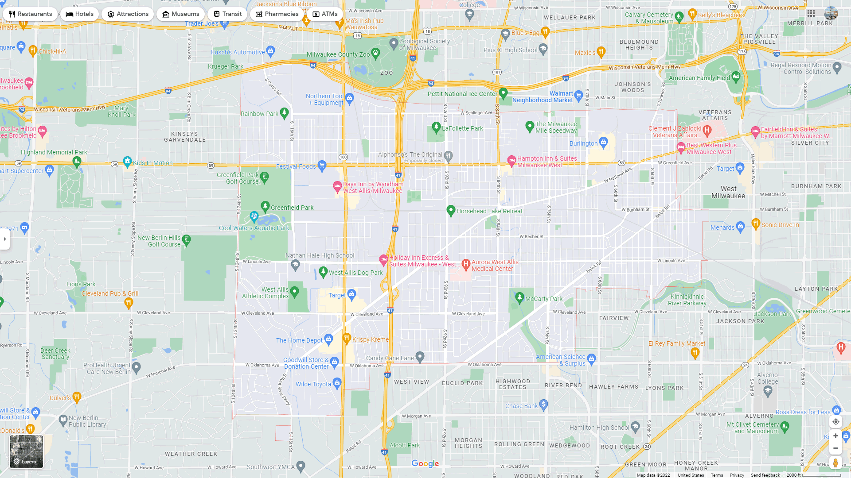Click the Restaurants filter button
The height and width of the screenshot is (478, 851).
click(x=30, y=14)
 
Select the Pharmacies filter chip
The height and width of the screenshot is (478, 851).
click(x=277, y=14)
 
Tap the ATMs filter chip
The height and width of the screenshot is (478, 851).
click(x=325, y=14)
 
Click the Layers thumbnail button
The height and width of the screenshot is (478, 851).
click(x=27, y=451)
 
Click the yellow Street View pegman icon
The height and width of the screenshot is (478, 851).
click(x=835, y=463)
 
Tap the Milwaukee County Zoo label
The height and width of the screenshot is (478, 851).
click(x=338, y=54)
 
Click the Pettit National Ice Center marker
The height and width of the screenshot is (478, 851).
click(x=503, y=93)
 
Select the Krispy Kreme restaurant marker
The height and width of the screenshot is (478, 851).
click(x=347, y=339)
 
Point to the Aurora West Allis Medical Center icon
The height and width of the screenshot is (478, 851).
click(x=466, y=264)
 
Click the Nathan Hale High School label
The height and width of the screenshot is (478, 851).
click(x=320, y=255)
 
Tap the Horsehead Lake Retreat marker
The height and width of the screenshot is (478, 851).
click(x=451, y=211)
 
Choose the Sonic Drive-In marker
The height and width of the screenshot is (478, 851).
click(x=756, y=224)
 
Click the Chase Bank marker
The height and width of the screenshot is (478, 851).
click(x=544, y=404)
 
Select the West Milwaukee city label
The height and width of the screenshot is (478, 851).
click(x=728, y=192)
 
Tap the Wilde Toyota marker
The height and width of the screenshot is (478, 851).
click(x=337, y=382)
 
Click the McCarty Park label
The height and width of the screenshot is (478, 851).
click(x=543, y=299)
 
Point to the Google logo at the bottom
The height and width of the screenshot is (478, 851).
click(x=425, y=463)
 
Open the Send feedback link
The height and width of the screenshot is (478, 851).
click(x=765, y=475)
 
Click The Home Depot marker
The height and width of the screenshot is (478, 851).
click(x=328, y=339)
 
